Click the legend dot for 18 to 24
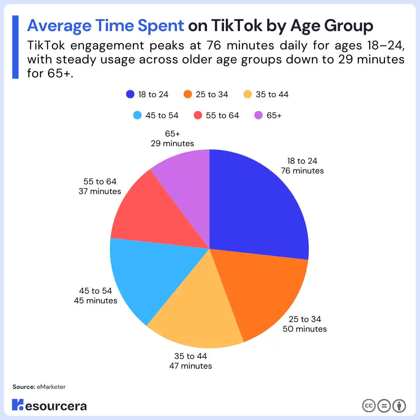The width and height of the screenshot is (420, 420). pyautogui.click(x=130, y=94)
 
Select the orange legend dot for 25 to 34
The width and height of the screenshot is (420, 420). pyautogui.click(x=188, y=94)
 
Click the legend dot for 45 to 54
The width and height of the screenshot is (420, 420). pyautogui.click(x=137, y=115)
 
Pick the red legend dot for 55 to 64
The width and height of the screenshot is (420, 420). pyautogui.click(x=198, y=115)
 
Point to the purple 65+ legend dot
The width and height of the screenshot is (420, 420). pyautogui.click(x=258, y=115)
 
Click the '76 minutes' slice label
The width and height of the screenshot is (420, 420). pyautogui.click(x=302, y=171)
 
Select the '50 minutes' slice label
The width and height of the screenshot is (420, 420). pyautogui.click(x=305, y=329)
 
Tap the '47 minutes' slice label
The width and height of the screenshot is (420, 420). pyautogui.click(x=191, y=366)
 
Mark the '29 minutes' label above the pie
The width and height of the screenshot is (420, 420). pyautogui.click(x=172, y=143)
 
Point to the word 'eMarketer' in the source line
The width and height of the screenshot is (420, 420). pyautogui.click(x=51, y=387)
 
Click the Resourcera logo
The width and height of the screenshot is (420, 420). pyautogui.click(x=49, y=405)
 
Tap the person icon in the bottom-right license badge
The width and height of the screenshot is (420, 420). pyautogui.click(x=399, y=406)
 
